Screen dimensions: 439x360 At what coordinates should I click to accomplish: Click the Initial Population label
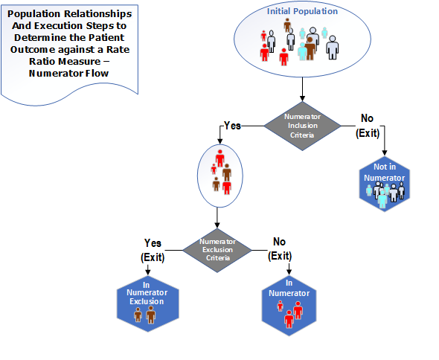302,11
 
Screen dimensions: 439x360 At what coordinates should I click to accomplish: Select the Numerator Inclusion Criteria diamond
302,126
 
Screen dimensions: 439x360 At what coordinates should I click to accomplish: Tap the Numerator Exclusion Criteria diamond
217,250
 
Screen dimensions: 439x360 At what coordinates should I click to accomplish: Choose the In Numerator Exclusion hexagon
147,304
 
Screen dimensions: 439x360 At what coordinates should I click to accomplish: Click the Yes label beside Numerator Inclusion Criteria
232,126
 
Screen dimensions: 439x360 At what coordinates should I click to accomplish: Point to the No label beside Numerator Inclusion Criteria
367,118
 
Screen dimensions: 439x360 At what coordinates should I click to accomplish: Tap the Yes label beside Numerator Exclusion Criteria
153,243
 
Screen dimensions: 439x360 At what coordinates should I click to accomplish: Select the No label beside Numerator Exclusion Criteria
279,242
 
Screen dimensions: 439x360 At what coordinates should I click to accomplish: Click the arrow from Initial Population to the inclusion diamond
302,89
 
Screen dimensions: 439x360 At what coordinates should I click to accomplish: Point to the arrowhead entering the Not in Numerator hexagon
385,152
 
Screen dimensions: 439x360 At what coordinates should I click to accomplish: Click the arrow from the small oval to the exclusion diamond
217,218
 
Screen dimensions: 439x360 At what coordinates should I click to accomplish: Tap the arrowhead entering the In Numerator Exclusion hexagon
148,272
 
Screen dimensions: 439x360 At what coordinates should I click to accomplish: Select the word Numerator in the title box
54,74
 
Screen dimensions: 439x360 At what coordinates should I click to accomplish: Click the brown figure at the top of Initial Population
287,25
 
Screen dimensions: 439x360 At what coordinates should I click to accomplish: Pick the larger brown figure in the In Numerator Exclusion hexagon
151,315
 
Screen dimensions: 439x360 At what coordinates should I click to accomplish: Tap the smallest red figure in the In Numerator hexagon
281,306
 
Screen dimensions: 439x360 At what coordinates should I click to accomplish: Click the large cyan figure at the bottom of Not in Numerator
382,199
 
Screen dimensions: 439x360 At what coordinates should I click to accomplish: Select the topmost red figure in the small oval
220,158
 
